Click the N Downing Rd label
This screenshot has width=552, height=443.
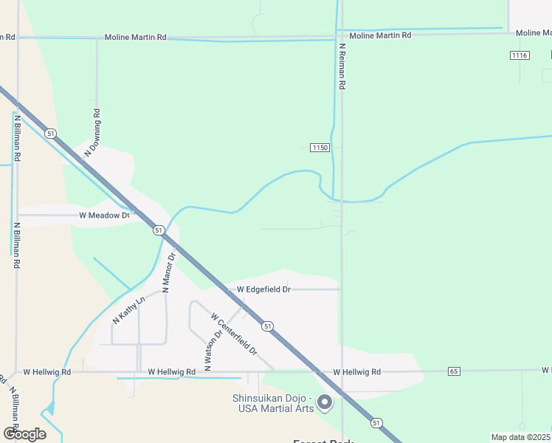click(92, 132)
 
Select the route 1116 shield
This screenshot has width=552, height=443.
click(520, 55)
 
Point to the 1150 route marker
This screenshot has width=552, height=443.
click(319, 148)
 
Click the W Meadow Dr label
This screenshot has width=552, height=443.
click(104, 216)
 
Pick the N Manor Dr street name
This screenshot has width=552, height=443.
click(169, 272)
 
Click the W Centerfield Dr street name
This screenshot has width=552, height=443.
click(233, 332)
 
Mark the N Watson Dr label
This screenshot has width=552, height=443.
click(209, 349)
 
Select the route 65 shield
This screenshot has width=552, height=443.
click(454, 371)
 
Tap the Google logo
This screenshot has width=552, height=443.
click(24, 433)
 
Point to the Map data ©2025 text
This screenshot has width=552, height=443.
click(520, 437)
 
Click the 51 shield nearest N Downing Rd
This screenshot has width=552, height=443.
click(49, 133)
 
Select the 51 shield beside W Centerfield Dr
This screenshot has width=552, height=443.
click(267, 326)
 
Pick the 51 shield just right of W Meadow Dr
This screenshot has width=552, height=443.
click(159, 230)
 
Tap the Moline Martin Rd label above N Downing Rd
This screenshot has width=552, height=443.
click(135, 37)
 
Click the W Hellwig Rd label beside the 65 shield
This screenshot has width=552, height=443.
click(356, 372)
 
